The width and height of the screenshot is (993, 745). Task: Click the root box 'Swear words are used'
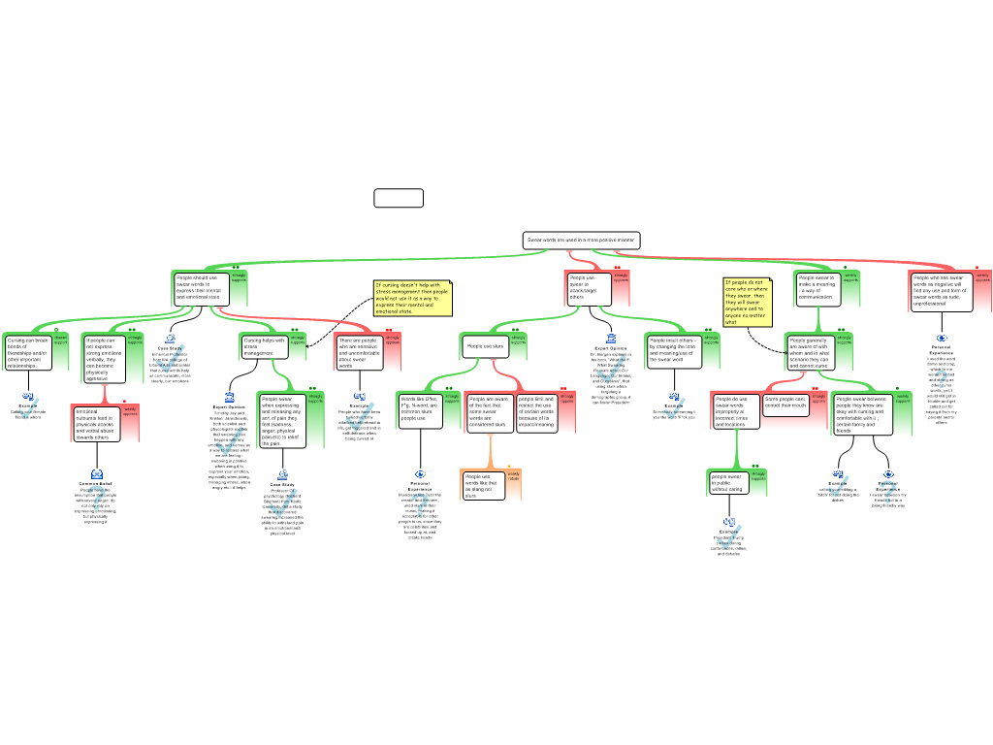[581, 240]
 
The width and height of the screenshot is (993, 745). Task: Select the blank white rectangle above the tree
[399, 198]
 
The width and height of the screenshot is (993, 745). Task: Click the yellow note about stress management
[412, 298]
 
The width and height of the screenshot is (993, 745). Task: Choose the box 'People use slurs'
[485, 346]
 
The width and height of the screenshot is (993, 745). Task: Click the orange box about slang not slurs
[483, 485]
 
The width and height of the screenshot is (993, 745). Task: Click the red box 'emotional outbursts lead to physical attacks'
[96, 424]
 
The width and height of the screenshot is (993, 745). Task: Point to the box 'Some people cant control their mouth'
[785, 405]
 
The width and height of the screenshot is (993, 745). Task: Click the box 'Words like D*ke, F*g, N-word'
[420, 410]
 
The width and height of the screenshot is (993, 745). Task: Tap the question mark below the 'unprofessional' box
[941, 378]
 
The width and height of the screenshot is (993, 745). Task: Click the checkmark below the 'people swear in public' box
[729, 536]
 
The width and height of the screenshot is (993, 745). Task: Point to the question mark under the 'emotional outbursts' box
[96, 499]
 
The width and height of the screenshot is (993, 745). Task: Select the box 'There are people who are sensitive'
[358, 353]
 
